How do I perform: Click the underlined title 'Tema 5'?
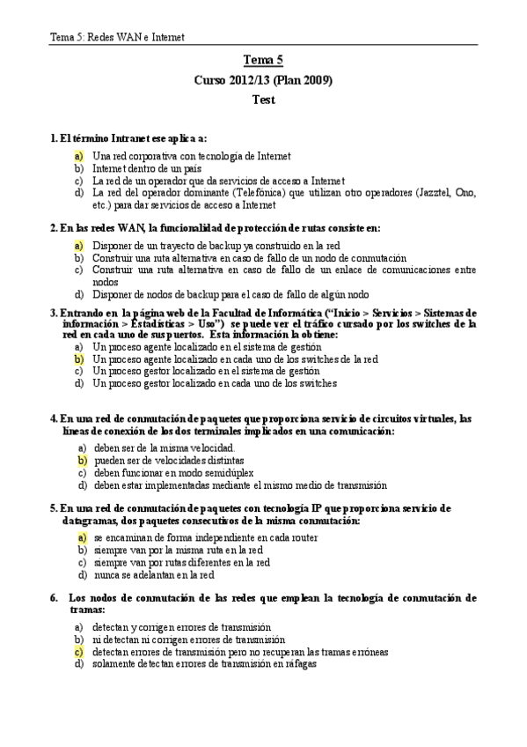263,61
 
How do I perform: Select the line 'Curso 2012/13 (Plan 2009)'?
263,80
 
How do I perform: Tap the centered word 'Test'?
263,100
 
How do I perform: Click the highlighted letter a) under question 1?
79,155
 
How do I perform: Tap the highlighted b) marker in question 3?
79,359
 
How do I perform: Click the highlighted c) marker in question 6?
79,652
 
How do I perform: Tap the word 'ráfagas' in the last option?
299,664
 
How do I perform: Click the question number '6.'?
55,597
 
